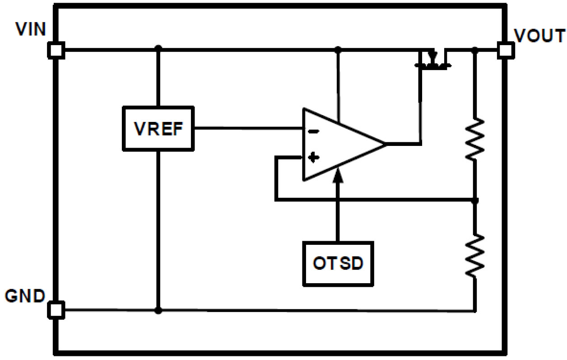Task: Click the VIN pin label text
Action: click(31, 30)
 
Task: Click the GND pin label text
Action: click(25, 297)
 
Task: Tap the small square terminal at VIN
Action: click(56, 50)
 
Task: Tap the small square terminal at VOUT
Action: click(505, 50)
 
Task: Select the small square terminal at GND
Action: click(56, 310)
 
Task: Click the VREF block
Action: click(158, 129)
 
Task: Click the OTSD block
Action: click(338, 263)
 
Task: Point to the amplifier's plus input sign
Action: click(313, 157)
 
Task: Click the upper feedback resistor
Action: click(474, 139)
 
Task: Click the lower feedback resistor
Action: click(474, 255)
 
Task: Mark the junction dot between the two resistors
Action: click(474, 200)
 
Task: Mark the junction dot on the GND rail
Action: click(158, 310)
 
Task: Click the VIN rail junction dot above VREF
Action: click(158, 48)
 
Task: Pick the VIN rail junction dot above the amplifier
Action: click(339, 49)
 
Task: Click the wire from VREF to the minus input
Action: click(248, 128)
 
